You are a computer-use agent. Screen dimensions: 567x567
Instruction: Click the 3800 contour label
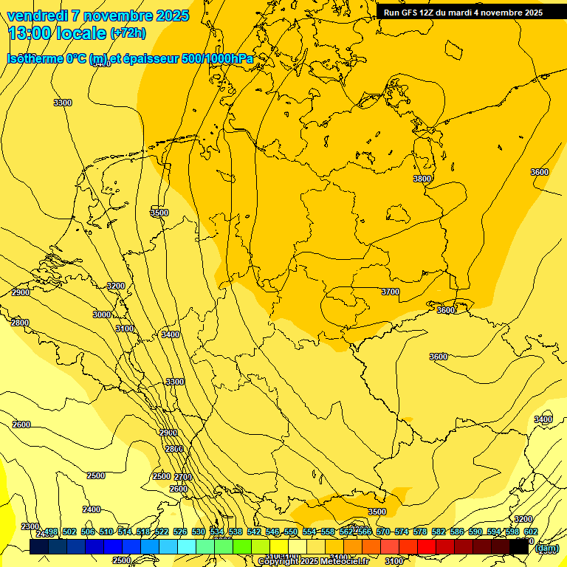click(x=422, y=179)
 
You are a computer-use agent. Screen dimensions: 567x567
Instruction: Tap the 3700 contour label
click(x=390, y=292)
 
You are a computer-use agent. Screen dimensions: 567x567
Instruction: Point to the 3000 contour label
click(x=102, y=315)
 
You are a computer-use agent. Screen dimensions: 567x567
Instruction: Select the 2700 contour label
click(x=182, y=477)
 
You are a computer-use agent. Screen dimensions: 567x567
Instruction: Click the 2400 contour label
click(x=92, y=509)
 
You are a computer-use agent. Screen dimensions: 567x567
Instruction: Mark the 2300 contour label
click(x=30, y=526)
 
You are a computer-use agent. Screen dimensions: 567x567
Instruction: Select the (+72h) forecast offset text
click(x=128, y=33)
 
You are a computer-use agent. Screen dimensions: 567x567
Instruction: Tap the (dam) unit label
click(x=546, y=548)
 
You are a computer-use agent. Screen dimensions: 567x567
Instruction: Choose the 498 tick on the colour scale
click(x=51, y=532)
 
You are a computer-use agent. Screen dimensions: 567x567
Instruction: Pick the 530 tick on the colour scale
click(x=199, y=532)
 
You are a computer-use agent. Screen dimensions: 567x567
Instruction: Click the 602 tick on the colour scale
click(x=530, y=532)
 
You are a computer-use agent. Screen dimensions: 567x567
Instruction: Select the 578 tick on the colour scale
click(x=420, y=532)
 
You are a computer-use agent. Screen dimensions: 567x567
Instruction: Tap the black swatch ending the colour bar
click(x=519, y=546)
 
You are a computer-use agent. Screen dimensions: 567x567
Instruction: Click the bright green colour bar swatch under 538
click(x=242, y=546)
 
